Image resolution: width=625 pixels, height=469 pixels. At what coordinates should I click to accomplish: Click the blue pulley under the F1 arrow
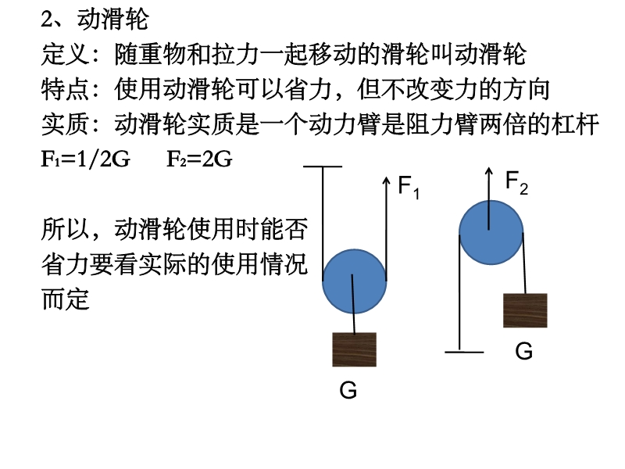tap(354, 281)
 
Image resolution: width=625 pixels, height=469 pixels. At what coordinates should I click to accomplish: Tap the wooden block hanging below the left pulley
tap(355, 349)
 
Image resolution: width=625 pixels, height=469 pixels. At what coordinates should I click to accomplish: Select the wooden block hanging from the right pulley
tap(525, 310)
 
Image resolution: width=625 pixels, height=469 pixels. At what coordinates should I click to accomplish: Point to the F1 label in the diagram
tap(409, 188)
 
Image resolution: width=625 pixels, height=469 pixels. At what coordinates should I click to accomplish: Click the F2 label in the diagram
tap(516, 183)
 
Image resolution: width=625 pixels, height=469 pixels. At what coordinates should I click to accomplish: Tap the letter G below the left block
tap(348, 390)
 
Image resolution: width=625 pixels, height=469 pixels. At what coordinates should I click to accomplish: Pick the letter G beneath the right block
tap(524, 352)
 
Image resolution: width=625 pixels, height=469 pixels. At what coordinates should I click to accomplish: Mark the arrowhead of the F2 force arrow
tap(489, 170)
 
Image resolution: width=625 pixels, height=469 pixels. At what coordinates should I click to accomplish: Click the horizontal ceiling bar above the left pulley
tap(323, 167)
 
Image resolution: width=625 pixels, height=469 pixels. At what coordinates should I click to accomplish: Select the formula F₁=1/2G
tap(85, 159)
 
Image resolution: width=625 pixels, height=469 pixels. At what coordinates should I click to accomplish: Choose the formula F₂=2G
tap(199, 159)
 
